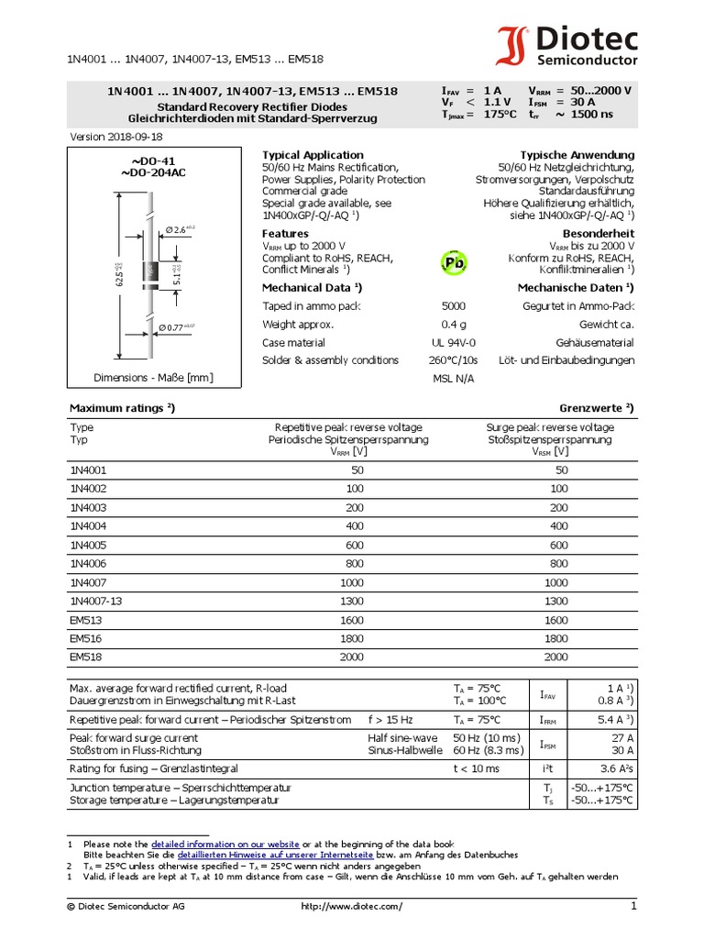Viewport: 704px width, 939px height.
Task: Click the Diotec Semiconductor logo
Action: click(x=567, y=46)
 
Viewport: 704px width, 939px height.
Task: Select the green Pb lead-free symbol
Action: click(x=454, y=263)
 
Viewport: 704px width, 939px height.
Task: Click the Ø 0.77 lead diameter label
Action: click(x=177, y=327)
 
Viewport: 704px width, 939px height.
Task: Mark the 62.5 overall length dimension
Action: click(x=119, y=273)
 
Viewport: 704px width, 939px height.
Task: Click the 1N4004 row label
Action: click(x=88, y=526)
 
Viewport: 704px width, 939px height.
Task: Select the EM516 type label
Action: click(x=85, y=639)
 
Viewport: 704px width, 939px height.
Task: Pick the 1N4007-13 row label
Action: click(x=96, y=601)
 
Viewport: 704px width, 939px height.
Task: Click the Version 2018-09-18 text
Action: click(x=117, y=137)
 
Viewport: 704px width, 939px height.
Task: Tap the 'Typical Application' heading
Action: click(x=313, y=155)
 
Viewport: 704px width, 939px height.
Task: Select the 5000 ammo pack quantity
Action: click(x=453, y=306)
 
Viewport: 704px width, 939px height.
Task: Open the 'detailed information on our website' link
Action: click(x=225, y=843)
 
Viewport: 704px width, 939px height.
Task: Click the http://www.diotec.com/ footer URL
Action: click(x=351, y=907)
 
